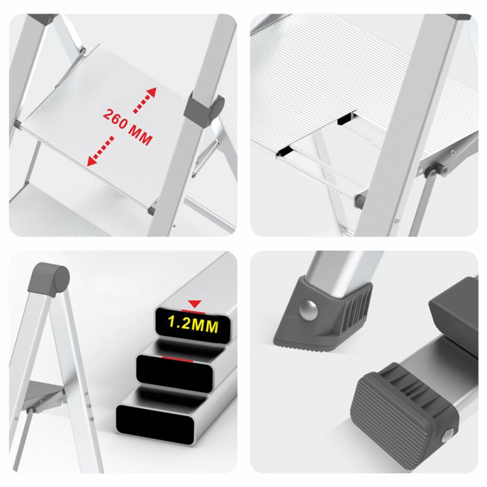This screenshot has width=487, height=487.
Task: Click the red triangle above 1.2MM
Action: (195, 303)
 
